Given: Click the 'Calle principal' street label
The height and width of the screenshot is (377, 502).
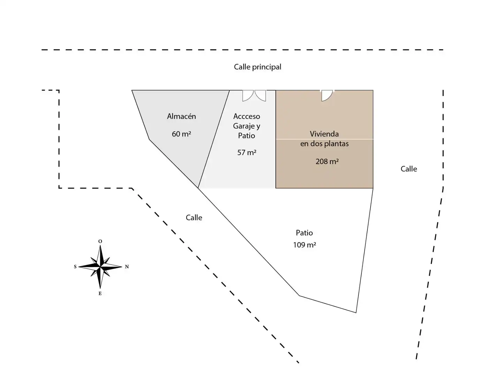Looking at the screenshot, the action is coord(257,67).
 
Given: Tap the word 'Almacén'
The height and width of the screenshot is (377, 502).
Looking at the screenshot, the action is coord(181,116).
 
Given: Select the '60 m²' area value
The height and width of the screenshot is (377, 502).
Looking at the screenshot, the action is coord(181,134).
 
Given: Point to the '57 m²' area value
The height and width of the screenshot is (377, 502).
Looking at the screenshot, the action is coord(246,153).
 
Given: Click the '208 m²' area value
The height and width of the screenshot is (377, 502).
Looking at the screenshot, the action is coord(327,162).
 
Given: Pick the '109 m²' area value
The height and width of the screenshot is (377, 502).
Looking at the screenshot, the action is coord(304,245).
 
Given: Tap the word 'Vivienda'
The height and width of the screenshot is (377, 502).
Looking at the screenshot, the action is coord(324,134).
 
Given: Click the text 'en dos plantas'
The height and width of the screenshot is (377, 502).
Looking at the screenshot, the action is coord(324,143).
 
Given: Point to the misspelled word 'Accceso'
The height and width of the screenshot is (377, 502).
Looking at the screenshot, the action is coord(246,116).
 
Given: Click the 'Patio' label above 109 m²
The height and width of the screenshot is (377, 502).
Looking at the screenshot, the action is coord(304,233).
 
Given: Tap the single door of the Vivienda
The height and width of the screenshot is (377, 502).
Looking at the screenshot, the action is coord(327,95).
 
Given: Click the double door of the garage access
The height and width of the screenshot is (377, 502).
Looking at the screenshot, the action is coord(254,95).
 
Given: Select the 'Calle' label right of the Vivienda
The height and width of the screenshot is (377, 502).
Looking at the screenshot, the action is coord(409,169).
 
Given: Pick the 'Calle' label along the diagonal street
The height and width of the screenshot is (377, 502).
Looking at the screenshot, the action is coord(194,218).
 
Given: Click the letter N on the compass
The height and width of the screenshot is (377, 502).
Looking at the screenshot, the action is coord(127,267).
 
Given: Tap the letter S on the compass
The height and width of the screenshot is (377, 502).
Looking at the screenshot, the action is coord(75,267).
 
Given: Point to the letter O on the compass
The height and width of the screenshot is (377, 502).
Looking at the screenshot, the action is coord(100,241).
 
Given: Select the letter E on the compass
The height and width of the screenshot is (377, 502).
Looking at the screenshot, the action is coord(100,294).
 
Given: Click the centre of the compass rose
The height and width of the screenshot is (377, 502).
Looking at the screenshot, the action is coord(100,267).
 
